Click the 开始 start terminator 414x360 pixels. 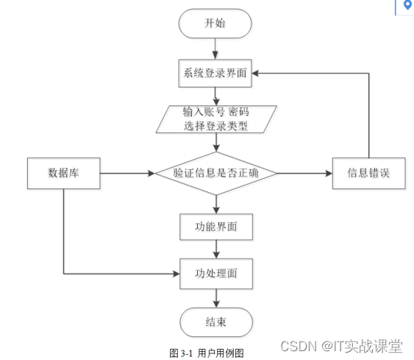(215, 24)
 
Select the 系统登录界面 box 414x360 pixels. (215, 73)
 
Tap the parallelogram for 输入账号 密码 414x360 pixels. (216, 119)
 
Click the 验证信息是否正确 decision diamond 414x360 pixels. (216, 174)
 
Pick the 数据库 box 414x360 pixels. (64, 174)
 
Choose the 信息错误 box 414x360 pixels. (369, 174)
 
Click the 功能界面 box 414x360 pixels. (216, 227)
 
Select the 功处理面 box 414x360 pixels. (216, 274)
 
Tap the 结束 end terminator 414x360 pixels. (216, 322)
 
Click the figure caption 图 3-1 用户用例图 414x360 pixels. (207, 353)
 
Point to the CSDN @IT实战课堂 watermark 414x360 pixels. (341, 346)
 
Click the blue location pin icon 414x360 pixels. (408, 4)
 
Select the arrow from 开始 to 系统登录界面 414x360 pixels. (215, 49)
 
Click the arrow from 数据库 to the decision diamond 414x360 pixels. (128, 174)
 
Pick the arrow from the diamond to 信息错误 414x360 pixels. (305, 174)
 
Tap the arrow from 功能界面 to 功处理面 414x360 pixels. (216, 250)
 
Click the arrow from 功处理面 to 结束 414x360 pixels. (216, 298)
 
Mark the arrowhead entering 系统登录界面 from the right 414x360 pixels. (255, 73)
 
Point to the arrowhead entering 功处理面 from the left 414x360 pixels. (176, 274)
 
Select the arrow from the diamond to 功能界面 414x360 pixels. (216, 205)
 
